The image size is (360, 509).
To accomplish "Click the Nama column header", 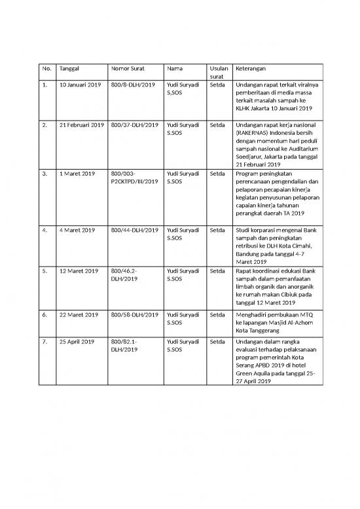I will pyautogui.click(x=175, y=68).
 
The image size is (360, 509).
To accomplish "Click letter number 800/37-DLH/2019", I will pyautogui.click(x=135, y=124).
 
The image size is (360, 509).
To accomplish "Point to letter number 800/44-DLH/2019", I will pyautogui.click(x=135, y=230).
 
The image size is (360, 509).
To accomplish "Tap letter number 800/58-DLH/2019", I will pyautogui.click(x=135, y=315).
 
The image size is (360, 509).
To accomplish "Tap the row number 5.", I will pyautogui.click(x=45, y=271).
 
